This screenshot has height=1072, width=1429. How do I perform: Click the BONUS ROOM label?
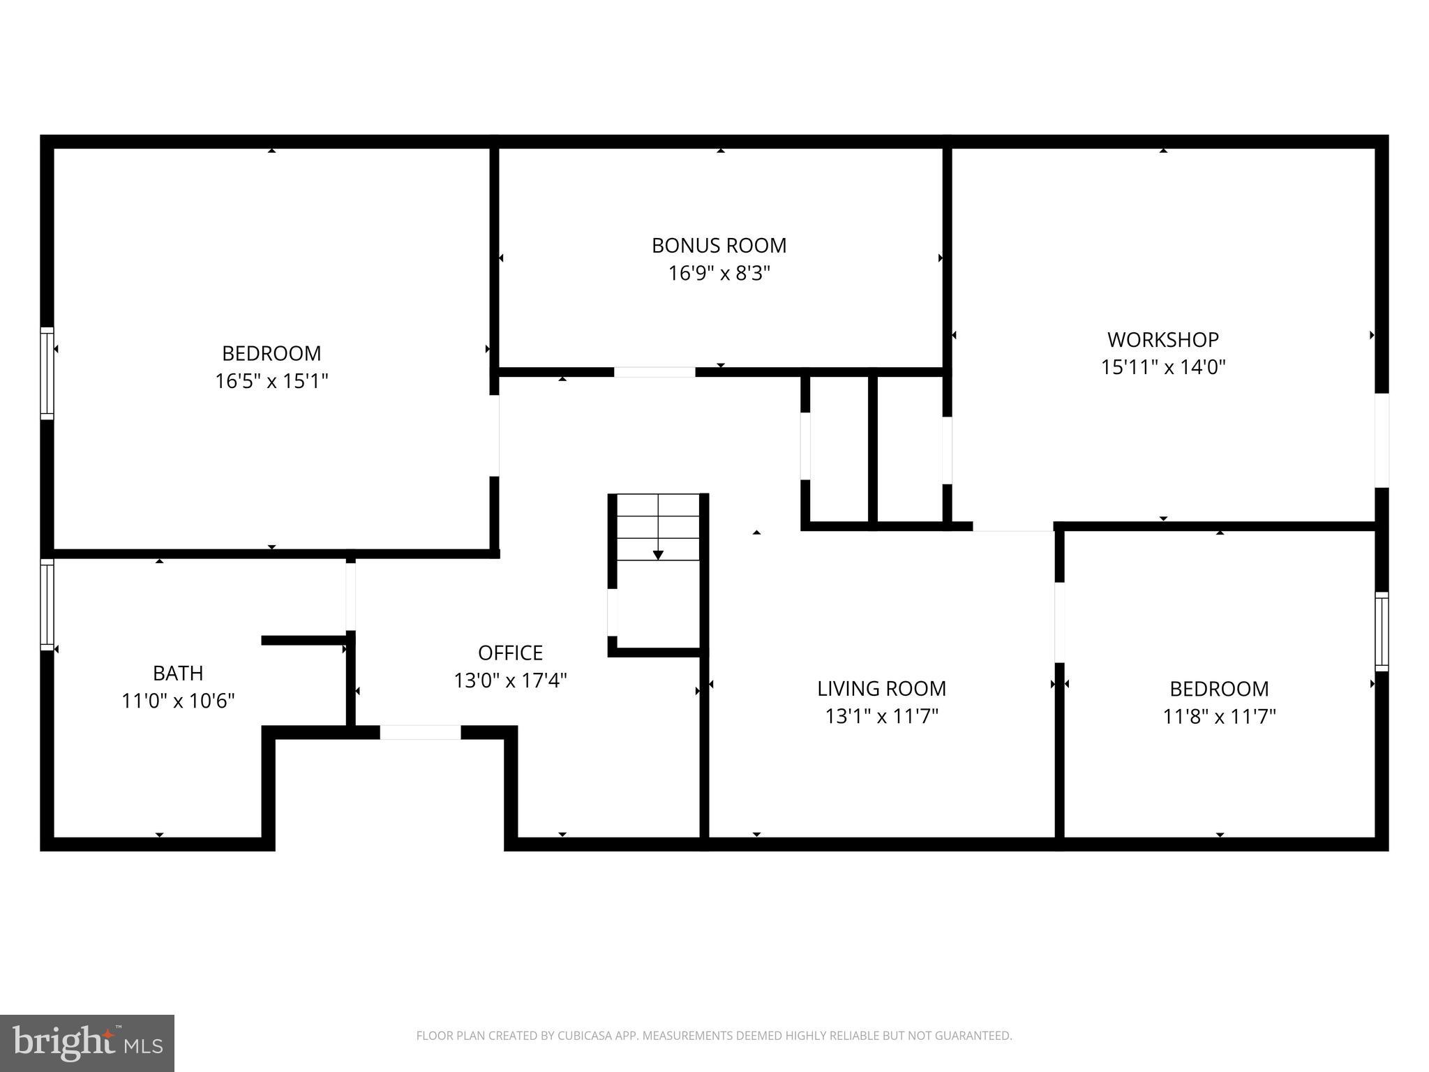tap(719, 246)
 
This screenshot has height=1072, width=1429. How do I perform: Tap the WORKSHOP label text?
tap(1163, 340)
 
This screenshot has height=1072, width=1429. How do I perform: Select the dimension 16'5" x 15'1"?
tap(271, 381)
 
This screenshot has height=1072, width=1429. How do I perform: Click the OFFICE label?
tap(510, 653)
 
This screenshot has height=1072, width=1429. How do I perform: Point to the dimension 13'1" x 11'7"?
tap(881, 716)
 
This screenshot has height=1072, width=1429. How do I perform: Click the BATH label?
tap(178, 673)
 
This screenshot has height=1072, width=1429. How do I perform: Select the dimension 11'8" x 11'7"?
tap(1219, 716)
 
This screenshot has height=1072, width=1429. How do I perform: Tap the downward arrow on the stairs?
tap(658, 555)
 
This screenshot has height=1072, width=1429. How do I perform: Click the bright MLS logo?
tap(87, 1043)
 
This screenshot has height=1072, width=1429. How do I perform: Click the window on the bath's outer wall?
tap(47, 604)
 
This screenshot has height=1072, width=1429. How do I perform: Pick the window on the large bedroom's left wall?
tap(47, 373)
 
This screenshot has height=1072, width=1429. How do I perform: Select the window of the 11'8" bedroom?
tap(1382, 632)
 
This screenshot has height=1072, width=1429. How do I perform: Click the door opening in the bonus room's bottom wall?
tap(654, 372)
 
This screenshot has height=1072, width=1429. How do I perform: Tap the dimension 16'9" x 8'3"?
tap(719, 273)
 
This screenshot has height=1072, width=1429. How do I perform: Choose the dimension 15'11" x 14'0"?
tap(1163, 367)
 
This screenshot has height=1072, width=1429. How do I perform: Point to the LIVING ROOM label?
tap(881, 688)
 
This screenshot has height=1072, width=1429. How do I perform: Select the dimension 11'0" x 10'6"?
tap(178, 701)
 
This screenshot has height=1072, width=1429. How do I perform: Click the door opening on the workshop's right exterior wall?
tap(1382, 440)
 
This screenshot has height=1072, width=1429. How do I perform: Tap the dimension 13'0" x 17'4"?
tap(510, 680)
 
